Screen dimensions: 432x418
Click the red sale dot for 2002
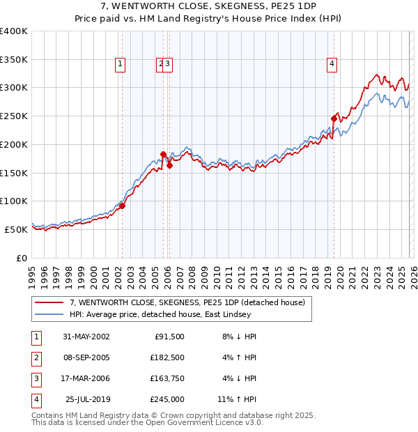coord(122,206)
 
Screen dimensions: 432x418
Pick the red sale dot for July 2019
coord(334,119)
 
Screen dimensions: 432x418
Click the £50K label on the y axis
coord(17,229)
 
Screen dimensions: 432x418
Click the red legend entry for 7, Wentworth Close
coord(187,303)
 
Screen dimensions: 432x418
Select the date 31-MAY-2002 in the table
coord(86,337)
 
